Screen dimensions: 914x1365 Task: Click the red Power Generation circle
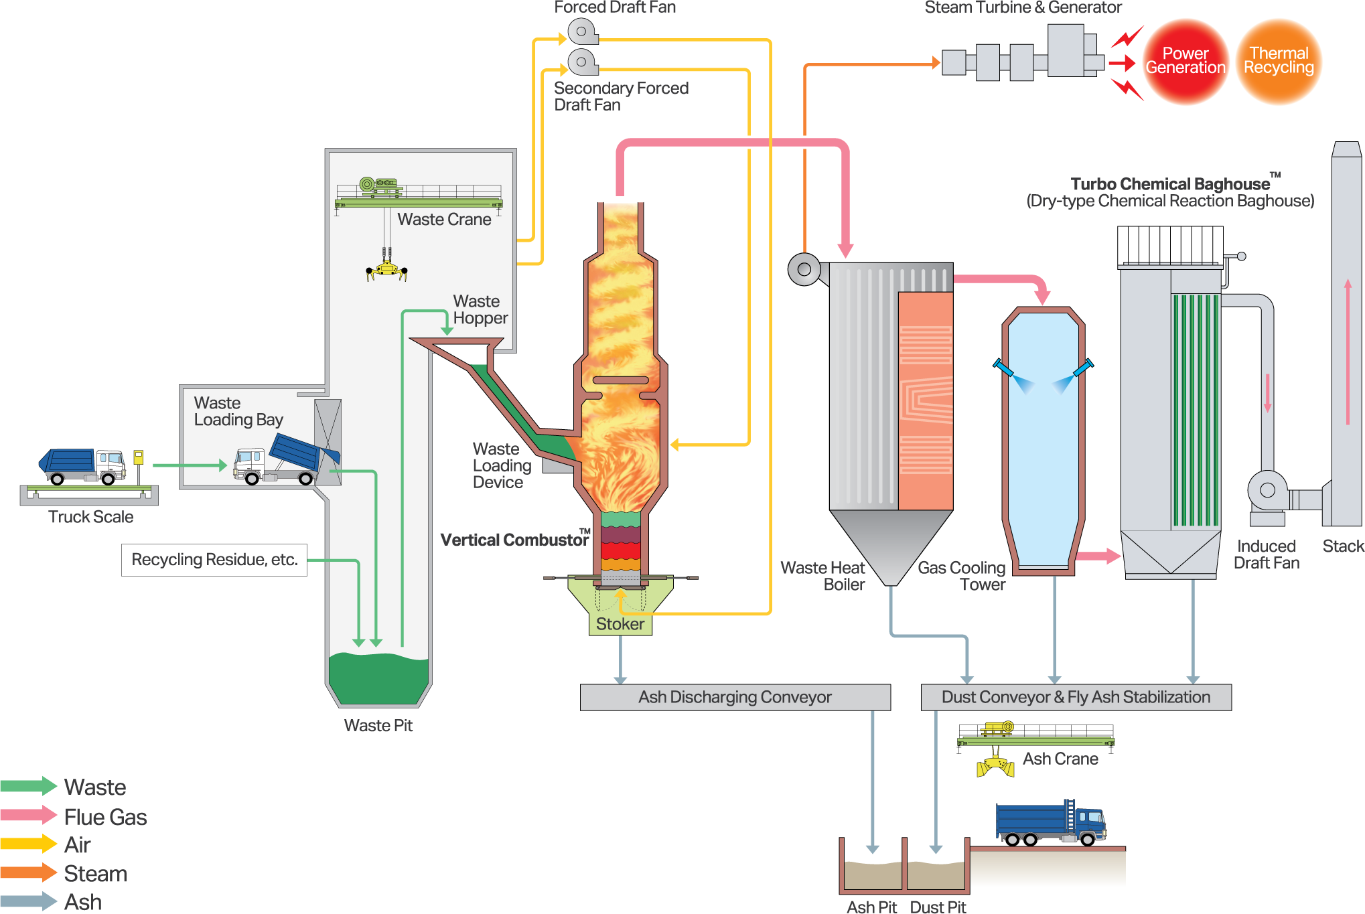click(1186, 61)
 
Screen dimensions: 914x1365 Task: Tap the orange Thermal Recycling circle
click(1279, 61)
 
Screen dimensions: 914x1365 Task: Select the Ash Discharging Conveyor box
click(735, 697)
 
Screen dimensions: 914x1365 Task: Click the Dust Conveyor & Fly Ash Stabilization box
click(1076, 697)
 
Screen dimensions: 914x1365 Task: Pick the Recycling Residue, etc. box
click(214, 560)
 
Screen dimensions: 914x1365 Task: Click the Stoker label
click(620, 624)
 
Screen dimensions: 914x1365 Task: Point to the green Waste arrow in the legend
click(29, 786)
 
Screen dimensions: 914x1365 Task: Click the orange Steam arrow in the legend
click(29, 872)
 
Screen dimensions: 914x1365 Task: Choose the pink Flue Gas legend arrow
click(29, 815)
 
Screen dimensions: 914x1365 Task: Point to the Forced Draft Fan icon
click(582, 31)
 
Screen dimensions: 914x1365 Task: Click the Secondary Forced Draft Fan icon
click(582, 62)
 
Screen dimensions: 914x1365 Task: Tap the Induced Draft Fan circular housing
click(1267, 490)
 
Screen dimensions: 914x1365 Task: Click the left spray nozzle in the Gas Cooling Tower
click(1003, 368)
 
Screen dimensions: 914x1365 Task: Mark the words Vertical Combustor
click(514, 540)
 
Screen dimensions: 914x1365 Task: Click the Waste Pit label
click(378, 725)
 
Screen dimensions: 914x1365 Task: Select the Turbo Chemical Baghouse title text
click(1170, 184)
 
